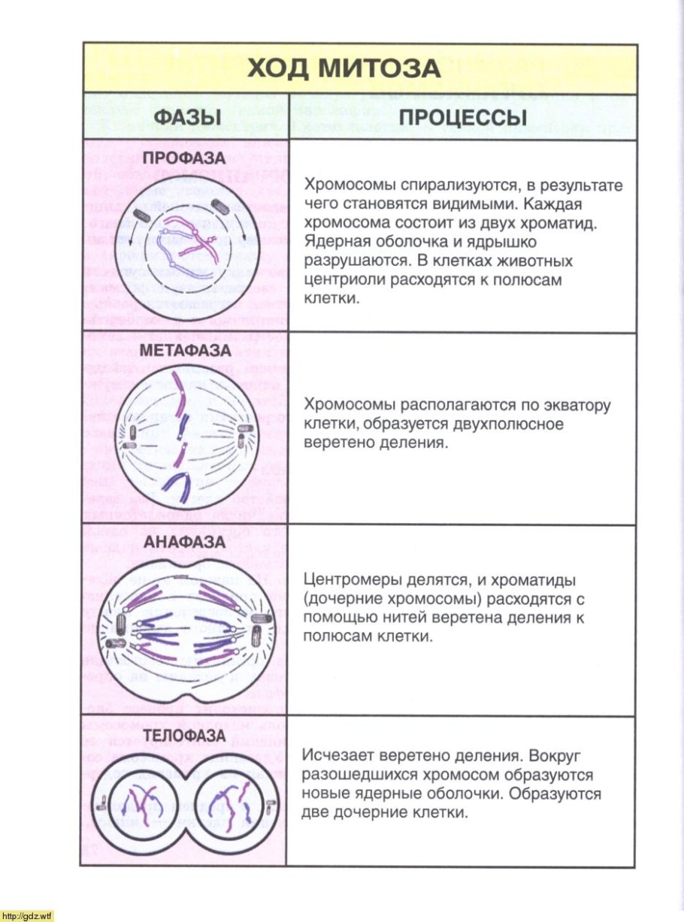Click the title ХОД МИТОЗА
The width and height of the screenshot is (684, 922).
(344, 68)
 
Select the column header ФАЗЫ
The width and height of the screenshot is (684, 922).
(187, 118)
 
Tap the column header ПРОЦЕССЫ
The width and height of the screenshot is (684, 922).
(462, 118)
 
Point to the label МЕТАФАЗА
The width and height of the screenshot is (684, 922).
(183, 351)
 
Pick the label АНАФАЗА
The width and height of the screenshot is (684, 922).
(185, 541)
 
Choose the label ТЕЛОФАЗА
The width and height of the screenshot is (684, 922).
(184, 735)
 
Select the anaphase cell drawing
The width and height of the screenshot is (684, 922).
(185, 627)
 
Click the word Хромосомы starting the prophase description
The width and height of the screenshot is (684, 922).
(342, 186)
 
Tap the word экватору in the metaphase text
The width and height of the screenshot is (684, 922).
(574, 406)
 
